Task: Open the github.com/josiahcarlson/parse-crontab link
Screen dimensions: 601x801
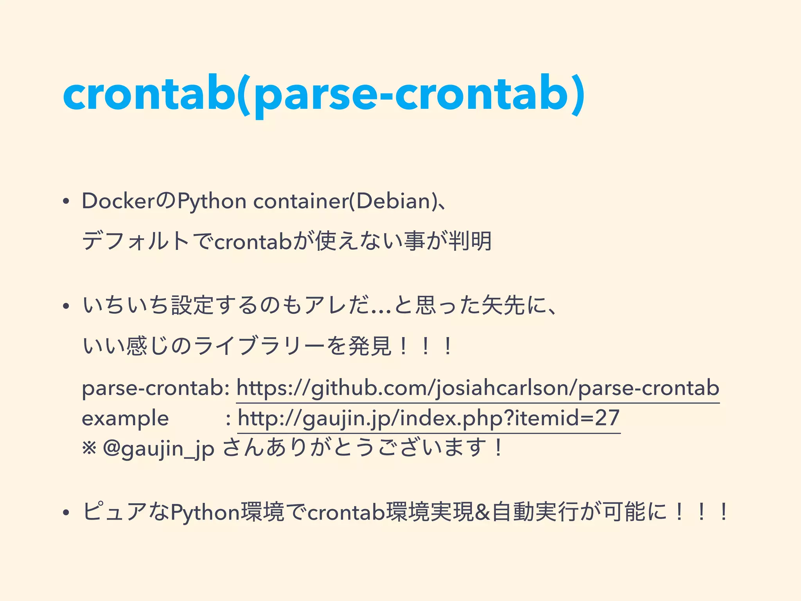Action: pos(478,389)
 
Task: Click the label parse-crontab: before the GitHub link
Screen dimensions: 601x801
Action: pos(156,389)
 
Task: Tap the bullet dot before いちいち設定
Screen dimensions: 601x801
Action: pos(66,306)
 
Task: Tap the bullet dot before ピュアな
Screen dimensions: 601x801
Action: pos(66,513)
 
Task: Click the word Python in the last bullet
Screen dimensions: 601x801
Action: pos(205,513)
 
